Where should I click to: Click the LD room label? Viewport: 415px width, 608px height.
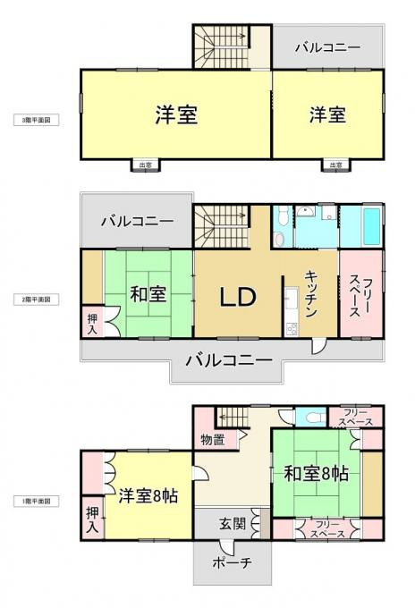(238, 297)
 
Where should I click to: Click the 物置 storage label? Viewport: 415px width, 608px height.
(212, 439)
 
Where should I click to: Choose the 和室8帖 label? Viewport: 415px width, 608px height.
(316, 475)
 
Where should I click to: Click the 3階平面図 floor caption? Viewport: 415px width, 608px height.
(36, 118)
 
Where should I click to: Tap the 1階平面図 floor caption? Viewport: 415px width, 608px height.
(36, 501)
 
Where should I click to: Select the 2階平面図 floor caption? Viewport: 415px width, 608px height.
(36, 300)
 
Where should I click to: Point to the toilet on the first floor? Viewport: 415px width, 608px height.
(309, 417)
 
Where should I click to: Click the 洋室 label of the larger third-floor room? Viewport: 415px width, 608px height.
(175, 115)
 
